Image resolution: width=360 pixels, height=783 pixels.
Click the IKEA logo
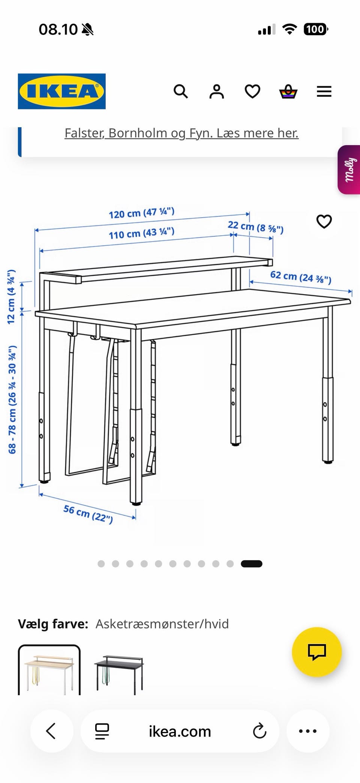tap(61, 91)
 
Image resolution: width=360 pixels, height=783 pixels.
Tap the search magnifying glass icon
tap(181, 91)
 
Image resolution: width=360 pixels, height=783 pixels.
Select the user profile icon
tap(216, 91)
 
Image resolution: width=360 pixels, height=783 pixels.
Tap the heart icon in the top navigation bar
tap(252, 91)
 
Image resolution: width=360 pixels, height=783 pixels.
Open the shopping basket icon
tap(288, 91)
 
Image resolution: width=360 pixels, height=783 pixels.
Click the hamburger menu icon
tap(324, 92)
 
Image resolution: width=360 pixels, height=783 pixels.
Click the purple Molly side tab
tap(349, 170)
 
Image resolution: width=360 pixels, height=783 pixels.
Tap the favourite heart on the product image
tap(324, 221)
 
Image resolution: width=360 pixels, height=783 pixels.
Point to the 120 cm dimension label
tap(141, 213)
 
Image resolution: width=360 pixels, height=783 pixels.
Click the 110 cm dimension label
tap(141, 233)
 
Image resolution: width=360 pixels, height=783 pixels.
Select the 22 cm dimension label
tap(255, 227)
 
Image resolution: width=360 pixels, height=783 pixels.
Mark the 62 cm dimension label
tap(300, 277)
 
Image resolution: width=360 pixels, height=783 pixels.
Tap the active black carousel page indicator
tap(252, 564)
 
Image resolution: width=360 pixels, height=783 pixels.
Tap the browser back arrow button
tap(51, 731)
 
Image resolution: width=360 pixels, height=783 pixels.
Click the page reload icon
tap(259, 731)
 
